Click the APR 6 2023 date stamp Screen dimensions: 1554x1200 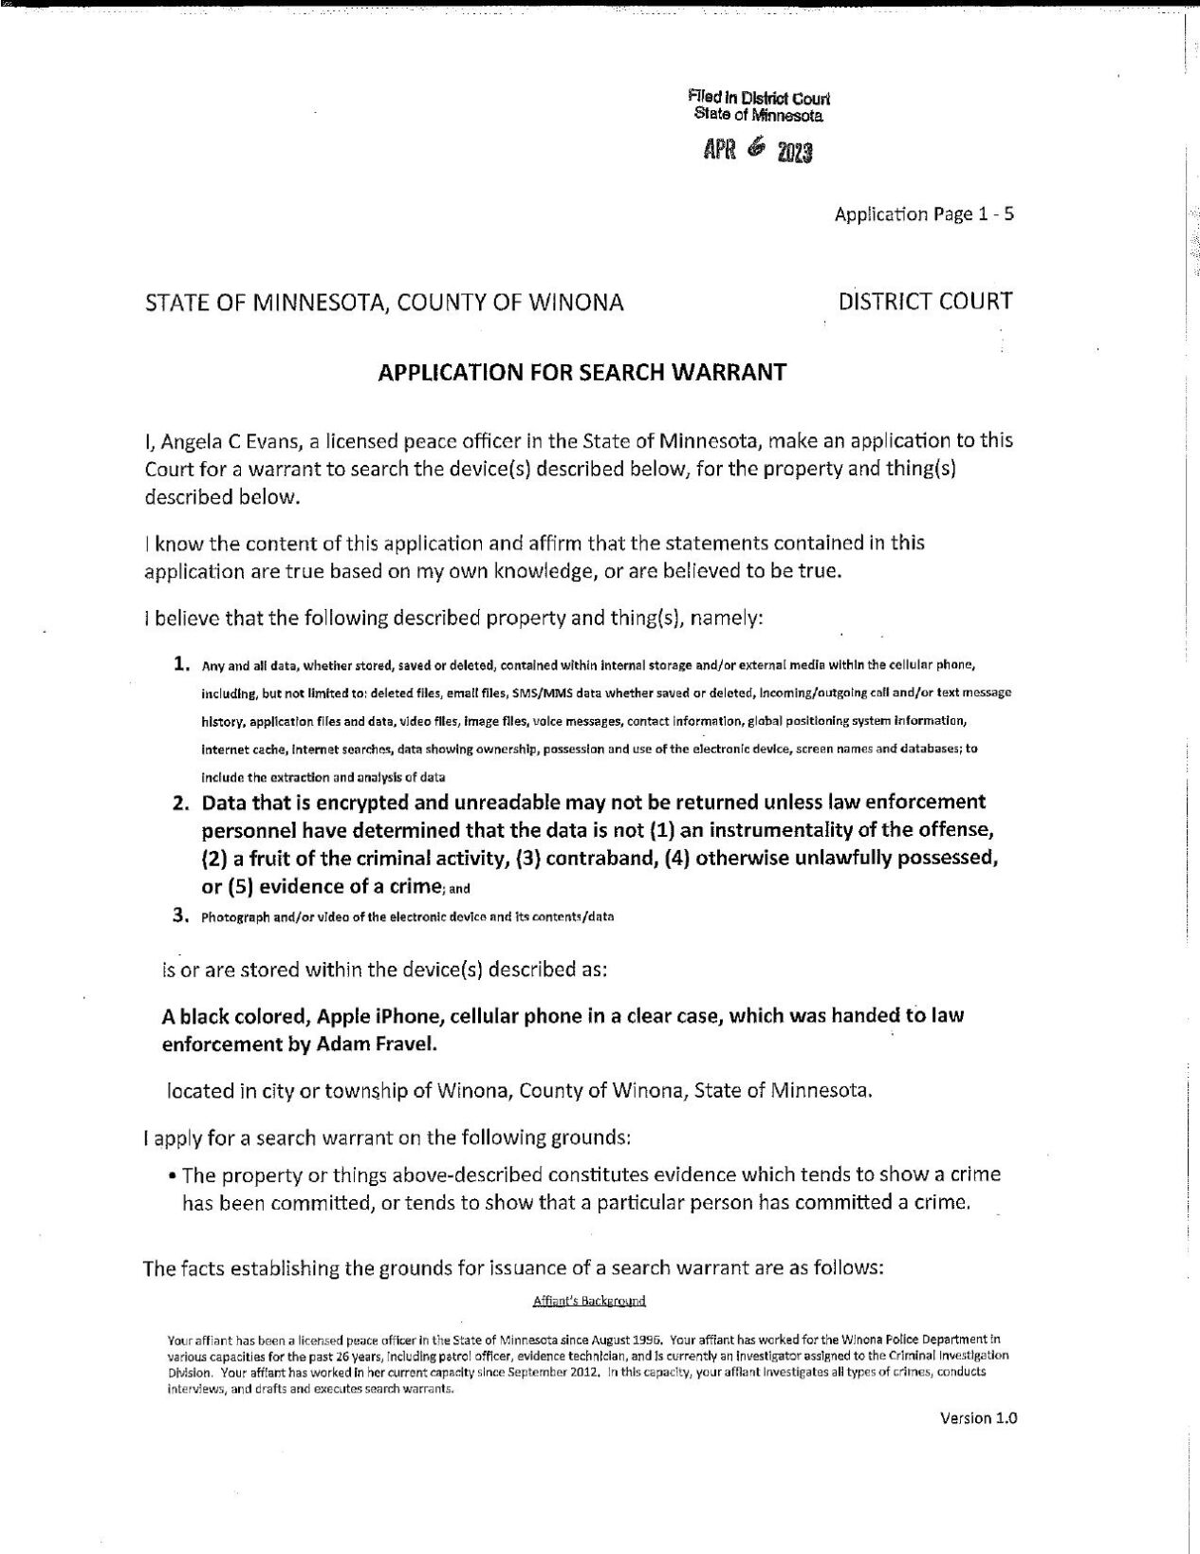click(x=757, y=151)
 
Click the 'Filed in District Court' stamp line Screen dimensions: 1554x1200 click(x=759, y=98)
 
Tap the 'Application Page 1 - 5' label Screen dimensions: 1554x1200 click(x=924, y=214)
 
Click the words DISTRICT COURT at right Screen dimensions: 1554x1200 click(x=925, y=302)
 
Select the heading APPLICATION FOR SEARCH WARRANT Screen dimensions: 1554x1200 click(x=582, y=372)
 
